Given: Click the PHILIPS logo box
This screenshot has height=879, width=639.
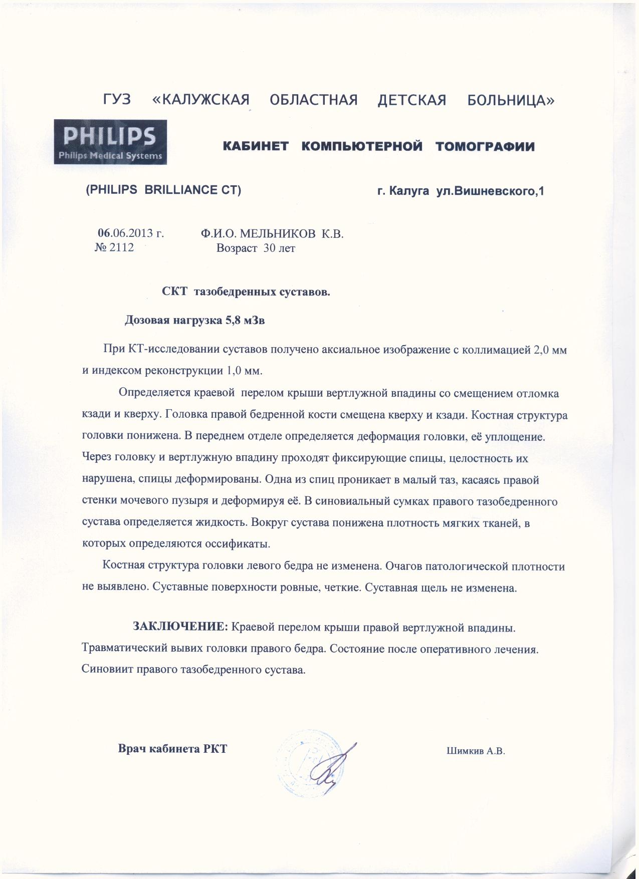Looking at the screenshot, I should pos(111,142).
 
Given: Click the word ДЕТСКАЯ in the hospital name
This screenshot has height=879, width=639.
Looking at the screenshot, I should pos(411,101).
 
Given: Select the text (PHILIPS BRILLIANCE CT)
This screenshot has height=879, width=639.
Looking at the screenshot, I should pos(164,191).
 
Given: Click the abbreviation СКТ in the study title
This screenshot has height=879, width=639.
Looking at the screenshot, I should pos(174,292).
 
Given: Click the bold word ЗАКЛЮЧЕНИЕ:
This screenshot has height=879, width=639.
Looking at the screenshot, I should pos(180,627).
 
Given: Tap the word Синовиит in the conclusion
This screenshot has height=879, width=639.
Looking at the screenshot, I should pos(105,670).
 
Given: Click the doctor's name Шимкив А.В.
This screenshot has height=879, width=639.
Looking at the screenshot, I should pos(475,751).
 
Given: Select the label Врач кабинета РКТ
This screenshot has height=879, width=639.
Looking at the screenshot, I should pos(172,749).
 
